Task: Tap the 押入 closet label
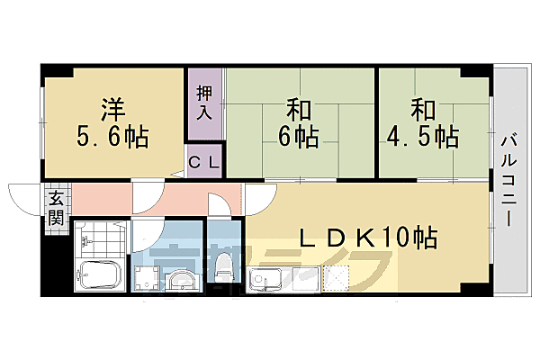[205, 103]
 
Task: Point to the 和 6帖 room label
[300, 123]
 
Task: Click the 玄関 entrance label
[56, 209]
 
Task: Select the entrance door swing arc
[24, 193]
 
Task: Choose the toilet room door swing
[220, 202]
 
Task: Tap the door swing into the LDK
[261, 193]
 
